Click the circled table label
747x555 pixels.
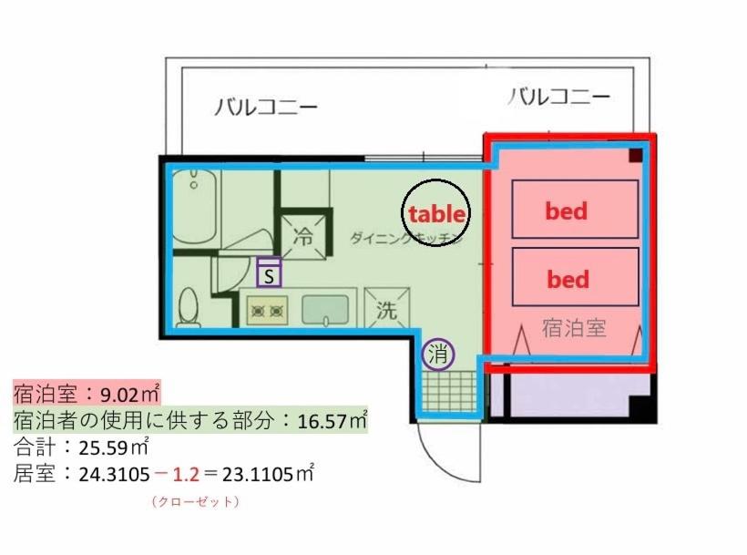[436, 214]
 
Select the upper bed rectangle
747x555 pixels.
[575, 211]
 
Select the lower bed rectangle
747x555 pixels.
[575, 277]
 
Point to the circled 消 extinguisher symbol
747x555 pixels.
[439, 355]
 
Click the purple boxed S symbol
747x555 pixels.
[269, 272]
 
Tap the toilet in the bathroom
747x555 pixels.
[189, 307]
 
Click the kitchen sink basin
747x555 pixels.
[328, 309]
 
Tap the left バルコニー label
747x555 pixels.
[267, 108]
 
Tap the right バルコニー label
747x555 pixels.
[558, 96]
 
